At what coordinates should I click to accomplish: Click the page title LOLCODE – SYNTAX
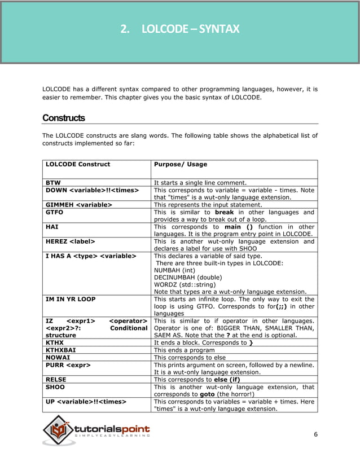point(180,29)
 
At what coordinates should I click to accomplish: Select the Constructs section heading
point(64,118)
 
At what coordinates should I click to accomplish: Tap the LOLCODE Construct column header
point(78,164)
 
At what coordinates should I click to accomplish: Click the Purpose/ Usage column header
point(181,164)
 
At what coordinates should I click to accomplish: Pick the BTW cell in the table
point(52,183)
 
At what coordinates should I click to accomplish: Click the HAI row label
point(51,227)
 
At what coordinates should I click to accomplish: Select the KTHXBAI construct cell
point(60,350)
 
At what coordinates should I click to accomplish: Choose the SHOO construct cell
point(55,388)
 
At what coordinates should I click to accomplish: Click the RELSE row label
point(55,380)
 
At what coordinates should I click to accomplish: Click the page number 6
point(315,433)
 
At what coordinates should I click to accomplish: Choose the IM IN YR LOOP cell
point(71,299)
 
